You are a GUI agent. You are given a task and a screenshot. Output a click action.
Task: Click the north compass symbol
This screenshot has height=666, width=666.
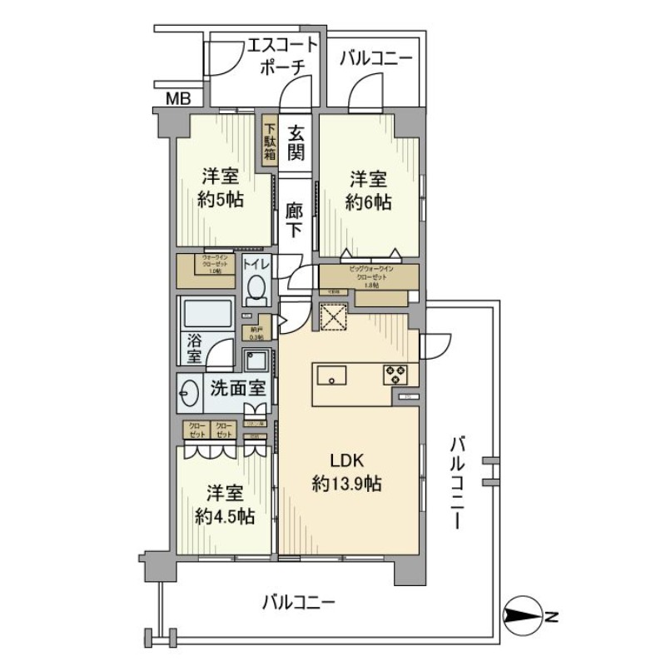[x=523, y=617]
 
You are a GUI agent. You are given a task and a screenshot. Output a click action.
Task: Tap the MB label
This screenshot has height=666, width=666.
[x=177, y=99]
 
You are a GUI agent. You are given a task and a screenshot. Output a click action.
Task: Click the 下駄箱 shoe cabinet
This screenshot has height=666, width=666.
[x=271, y=144]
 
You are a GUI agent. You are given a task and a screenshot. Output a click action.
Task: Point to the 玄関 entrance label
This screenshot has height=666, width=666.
[x=296, y=142]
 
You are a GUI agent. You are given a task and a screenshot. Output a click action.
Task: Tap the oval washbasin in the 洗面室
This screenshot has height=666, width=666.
[x=189, y=392]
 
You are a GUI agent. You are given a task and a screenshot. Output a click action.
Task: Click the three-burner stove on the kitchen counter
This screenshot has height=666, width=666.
[x=395, y=375]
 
